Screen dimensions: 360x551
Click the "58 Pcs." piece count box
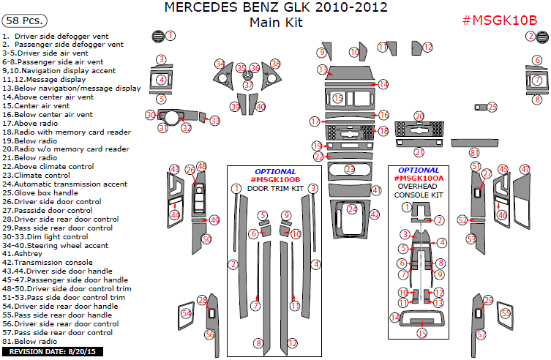[26, 20]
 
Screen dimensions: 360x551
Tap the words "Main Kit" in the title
[275, 22]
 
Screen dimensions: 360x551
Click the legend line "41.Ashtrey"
[24, 253]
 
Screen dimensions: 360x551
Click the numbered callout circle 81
[474, 152]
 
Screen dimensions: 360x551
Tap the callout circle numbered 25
[492, 107]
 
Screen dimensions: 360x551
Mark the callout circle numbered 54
[186, 313]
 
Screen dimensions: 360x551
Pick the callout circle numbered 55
[504, 313]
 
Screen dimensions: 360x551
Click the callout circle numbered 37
[248, 86]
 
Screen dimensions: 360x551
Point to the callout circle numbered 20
[419, 116]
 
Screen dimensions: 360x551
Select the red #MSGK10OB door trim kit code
[275, 179]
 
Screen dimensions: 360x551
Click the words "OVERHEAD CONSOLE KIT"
[419, 190]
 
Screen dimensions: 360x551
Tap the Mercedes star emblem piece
[249, 73]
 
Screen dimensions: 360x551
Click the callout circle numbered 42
[374, 214]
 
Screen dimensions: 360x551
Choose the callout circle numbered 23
[350, 169]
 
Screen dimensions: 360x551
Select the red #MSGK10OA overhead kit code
[419, 179]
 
